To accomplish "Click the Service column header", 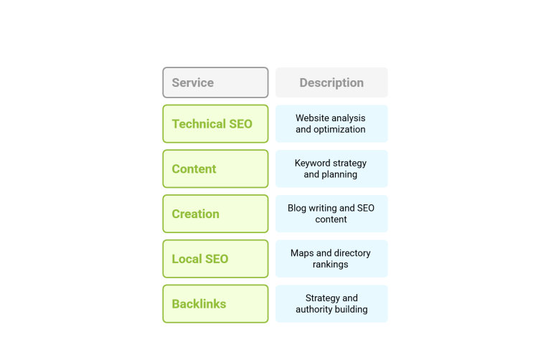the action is [x=215, y=82].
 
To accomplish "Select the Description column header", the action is [x=331, y=82].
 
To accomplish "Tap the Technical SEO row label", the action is [x=215, y=123].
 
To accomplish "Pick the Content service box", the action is [x=215, y=169].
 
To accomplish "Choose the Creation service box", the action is [x=215, y=214].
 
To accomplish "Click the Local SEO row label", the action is [x=215, y=258].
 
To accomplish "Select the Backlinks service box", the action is [x=215, y=303].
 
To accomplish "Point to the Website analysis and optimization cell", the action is [x=331, y=123].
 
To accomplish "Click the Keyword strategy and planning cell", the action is [x=331, y=169].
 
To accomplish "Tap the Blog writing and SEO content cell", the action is [x=331, y=214].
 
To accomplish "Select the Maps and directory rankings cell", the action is [x=331, y=258].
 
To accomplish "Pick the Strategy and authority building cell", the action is [x=331, y=303].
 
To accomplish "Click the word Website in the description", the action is [x=311, y=118].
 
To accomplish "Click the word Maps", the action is [x=302, y=253].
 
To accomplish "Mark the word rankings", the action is [x=330, y=265].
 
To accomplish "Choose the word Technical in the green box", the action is [x=199, y=123].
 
